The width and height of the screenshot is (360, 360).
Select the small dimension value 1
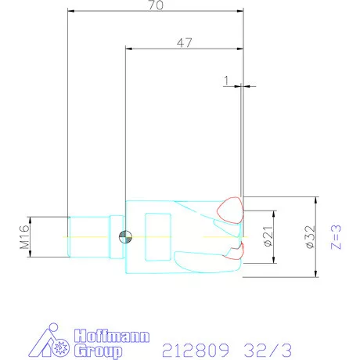coord(225,79)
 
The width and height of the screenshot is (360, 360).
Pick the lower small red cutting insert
coord(236,250)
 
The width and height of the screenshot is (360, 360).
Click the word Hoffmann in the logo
coord(110,336)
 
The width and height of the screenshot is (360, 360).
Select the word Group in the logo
coord(98,351)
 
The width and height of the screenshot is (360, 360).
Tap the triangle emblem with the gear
coord(52,341)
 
